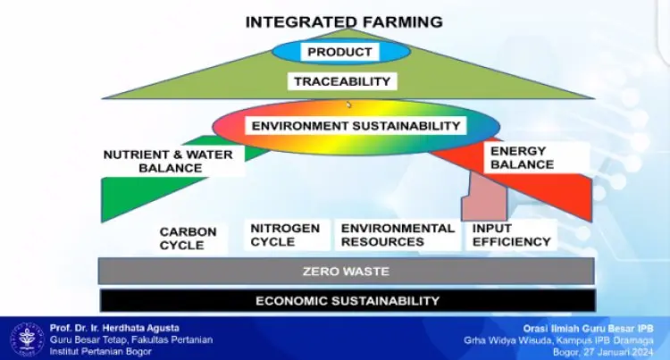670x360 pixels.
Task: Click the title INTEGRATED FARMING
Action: click(x=344, y=21)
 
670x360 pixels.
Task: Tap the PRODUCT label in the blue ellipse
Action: click(x=339, y=52)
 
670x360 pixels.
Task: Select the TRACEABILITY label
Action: click(x=342, y=81)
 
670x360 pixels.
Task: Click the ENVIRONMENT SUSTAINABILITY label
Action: click(x=356, y=126)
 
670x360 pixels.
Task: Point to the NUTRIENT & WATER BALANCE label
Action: click(x=168, y=161)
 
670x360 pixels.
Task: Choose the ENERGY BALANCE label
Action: click(x=522, y=157)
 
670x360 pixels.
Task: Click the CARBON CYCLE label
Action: click(x=188, y=239)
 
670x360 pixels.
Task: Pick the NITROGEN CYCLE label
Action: click(x=285, y=235)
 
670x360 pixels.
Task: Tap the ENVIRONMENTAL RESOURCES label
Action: click(x=398, y=235)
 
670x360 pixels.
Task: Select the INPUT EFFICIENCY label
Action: click(x=512, y=235)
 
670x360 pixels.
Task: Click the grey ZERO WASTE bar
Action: click(x=346, y=272)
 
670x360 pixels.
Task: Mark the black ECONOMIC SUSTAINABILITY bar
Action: click(x=348, y=301)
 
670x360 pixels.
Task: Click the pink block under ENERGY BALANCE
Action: click(x=484, y=197)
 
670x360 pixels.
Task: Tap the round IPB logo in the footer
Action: click(x=27, y=339)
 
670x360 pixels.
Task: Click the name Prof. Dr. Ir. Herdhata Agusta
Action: click(x=114, y=328)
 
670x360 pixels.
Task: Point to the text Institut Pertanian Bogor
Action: click(x=100, y=351)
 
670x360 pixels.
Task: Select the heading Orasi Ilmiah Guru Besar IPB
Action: click(x=589, y=329)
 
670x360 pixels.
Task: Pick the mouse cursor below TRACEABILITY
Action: click(x=348, y=105)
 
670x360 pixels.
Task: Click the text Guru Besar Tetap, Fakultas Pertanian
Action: click(x=131, y=340)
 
